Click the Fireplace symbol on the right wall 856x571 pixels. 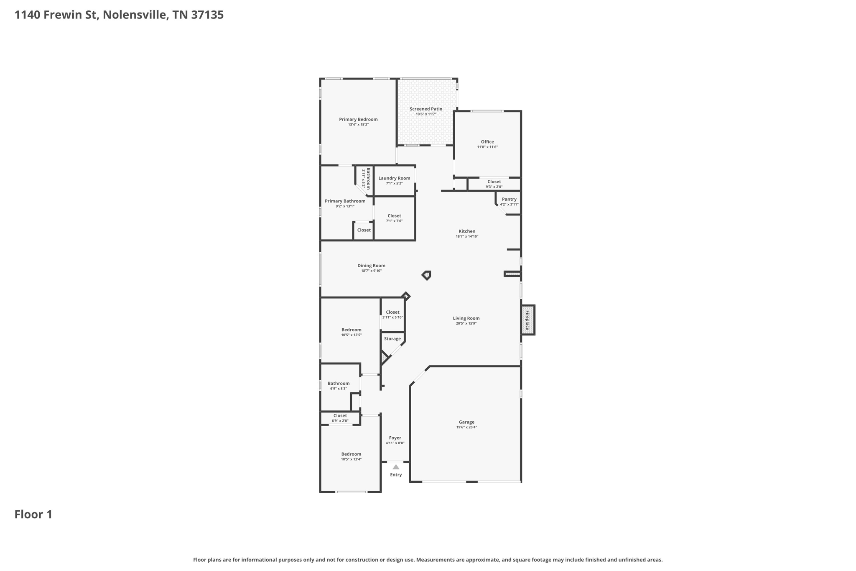coord(528,320)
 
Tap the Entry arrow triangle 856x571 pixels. coord(396,467)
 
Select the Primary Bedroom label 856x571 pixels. coord(358,119)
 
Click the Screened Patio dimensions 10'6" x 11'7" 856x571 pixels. coord(426,114)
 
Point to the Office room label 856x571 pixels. coord(487,142)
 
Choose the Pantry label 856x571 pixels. coord(509,199)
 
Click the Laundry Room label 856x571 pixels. coord(394,178)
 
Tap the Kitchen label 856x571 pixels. coord(467,231)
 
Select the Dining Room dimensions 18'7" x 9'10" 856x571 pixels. coord(371,271)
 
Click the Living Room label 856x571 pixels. coord(466,318)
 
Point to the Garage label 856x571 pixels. coord(466,422)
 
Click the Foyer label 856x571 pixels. coord(395,438)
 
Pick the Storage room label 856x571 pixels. coord(392,339)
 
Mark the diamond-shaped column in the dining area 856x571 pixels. coord(426,275)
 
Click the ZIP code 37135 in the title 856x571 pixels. coord(207,15)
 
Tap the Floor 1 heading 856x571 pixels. coord(33,515)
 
